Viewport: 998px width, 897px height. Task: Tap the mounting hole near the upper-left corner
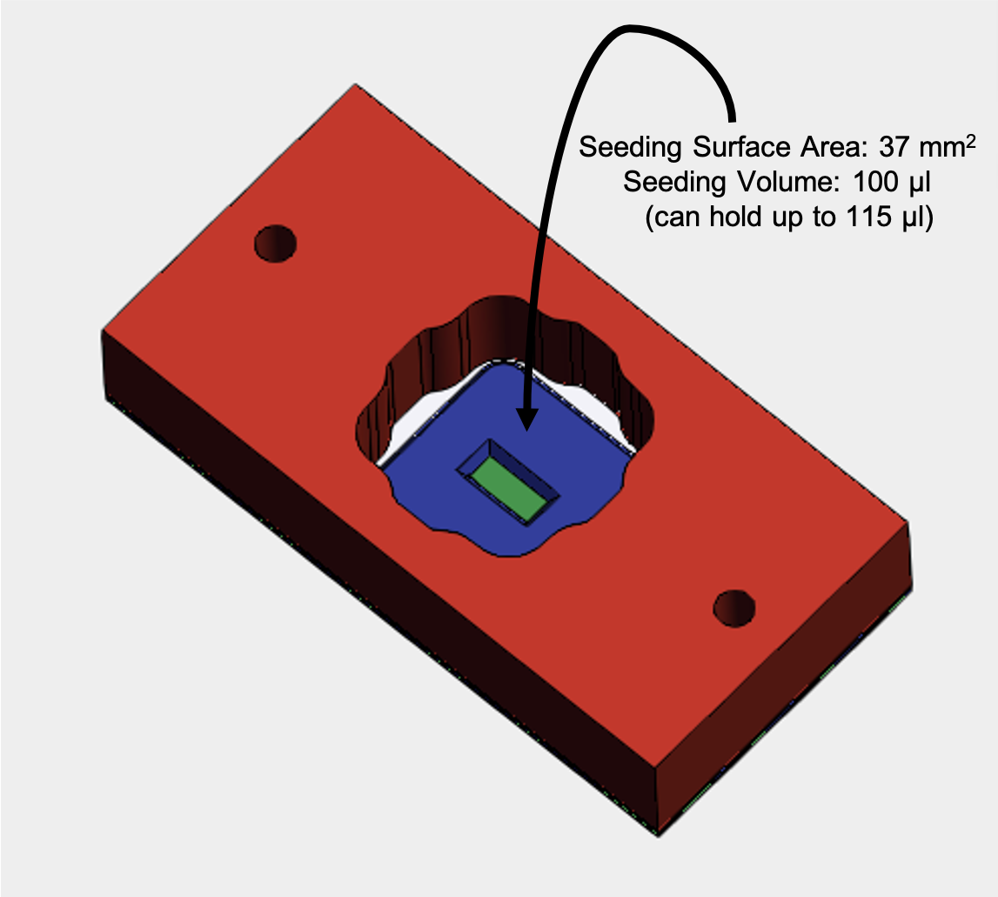[x=276, y=244]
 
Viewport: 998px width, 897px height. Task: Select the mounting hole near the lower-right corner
[x=734, y=608]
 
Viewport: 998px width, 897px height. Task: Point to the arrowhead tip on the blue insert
[x=526, y=431]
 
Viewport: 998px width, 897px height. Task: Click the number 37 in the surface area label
[x=894, y=147]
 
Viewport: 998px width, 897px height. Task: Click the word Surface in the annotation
[x=741, y=147]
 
